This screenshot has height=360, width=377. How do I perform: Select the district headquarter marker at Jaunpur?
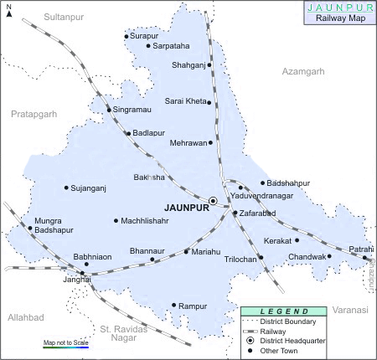click(213, 201)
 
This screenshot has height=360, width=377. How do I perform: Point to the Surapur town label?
click(144, 36)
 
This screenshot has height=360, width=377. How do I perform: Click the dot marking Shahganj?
click(209, 64)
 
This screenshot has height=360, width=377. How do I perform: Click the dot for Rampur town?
click(173, 306)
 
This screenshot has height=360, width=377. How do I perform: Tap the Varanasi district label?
click(349, 310)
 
